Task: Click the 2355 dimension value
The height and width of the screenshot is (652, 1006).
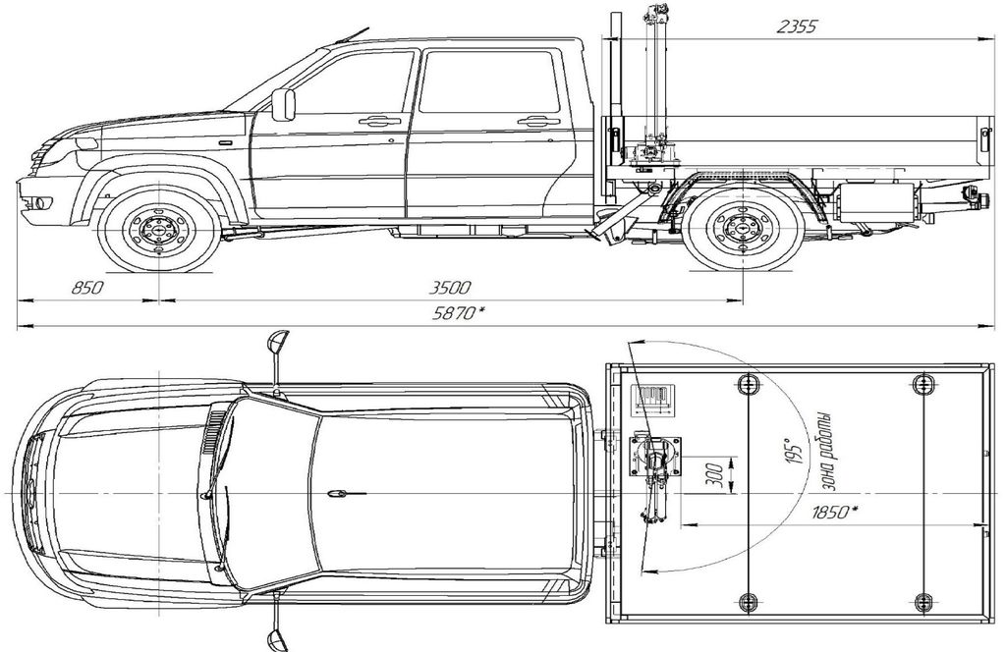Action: click(796, 27)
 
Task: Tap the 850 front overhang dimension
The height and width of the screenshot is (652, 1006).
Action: click(86, 288)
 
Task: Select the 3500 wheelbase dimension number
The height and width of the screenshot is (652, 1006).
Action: click(450, 288)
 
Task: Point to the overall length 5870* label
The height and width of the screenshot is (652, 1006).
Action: click(458, 313)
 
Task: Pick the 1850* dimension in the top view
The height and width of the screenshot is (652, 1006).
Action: click(835, 513)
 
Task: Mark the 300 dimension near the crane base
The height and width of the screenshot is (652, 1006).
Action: click(721, 474)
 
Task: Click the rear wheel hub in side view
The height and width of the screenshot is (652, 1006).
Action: click(743, 229)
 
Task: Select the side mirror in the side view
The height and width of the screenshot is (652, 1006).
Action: click(283, 104)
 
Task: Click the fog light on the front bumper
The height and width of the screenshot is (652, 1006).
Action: click(41, 203)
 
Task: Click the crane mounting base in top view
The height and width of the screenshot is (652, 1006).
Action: click(655, 456)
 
